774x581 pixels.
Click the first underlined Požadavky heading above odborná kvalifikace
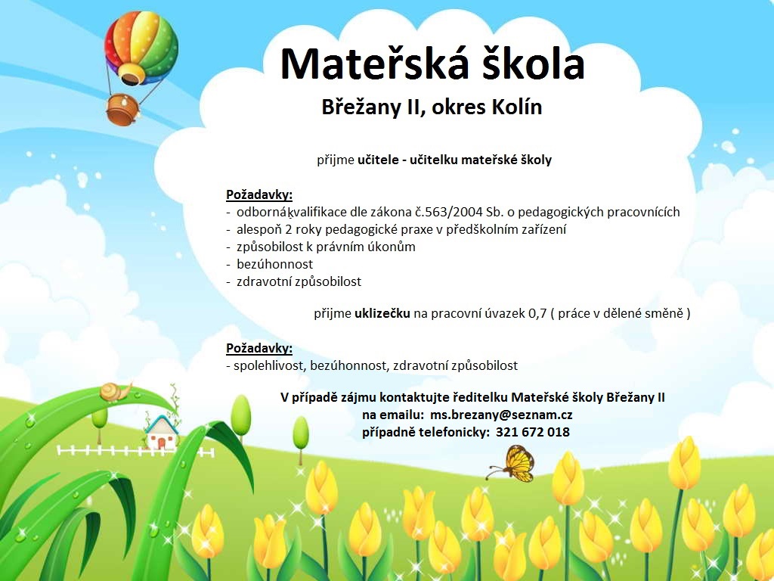[x=259, y=194]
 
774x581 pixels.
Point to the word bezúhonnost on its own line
[x=274, y=264]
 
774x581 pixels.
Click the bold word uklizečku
[x=382, y=313]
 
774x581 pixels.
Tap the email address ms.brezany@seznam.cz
[x=501, y=415]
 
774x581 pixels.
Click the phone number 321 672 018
[x=533, y=432]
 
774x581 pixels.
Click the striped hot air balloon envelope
[x=141, y=48]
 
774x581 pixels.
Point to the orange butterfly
[x=513, y=464]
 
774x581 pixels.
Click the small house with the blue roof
[x=162, y=432]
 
